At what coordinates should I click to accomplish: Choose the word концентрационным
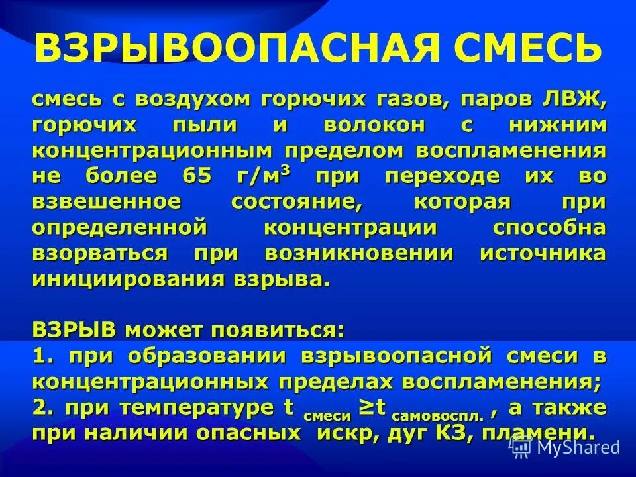click(x=152, y=151)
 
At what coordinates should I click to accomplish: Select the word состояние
click(x=297, y=202)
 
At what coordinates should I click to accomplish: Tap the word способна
click(x=549, y=227)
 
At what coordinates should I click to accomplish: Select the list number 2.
click(x=41, y=407)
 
